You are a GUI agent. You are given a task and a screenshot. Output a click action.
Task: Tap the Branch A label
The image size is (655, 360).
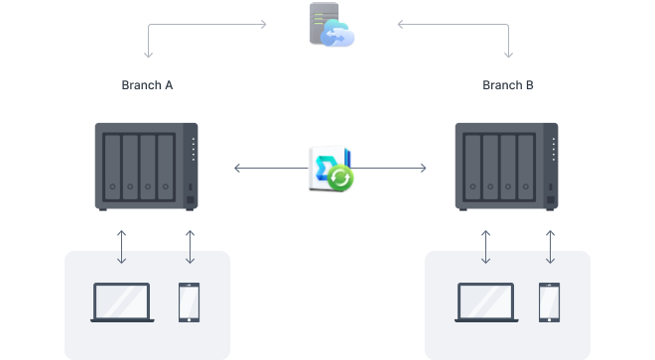[x=148, y=85]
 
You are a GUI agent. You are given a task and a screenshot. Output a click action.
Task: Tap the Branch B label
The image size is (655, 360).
[x=508, y=85]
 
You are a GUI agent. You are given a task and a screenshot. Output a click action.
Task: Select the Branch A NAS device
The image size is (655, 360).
[x=146, y=166]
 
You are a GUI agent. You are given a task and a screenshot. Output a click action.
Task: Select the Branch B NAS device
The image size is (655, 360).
[x=506, y=166]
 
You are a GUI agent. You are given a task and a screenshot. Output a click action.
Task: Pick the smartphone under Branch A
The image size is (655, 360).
[x=190, y=302]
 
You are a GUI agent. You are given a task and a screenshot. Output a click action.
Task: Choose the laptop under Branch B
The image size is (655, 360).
[x=485, y=302]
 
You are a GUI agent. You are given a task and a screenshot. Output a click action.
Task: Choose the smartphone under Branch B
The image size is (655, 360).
[x=550, y=302]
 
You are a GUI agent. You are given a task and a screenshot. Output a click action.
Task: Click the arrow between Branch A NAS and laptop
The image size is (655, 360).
[x=122, y=247]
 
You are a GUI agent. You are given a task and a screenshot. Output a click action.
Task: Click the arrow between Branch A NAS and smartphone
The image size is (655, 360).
[x=190, y=247]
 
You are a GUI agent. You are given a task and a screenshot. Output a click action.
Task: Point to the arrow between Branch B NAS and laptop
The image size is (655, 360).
[x=486, y=247]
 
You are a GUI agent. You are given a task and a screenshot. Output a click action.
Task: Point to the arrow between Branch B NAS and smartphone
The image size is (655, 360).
[x=550, y=247]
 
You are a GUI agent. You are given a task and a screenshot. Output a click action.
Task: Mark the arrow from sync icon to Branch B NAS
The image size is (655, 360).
[x=392, y=169]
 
